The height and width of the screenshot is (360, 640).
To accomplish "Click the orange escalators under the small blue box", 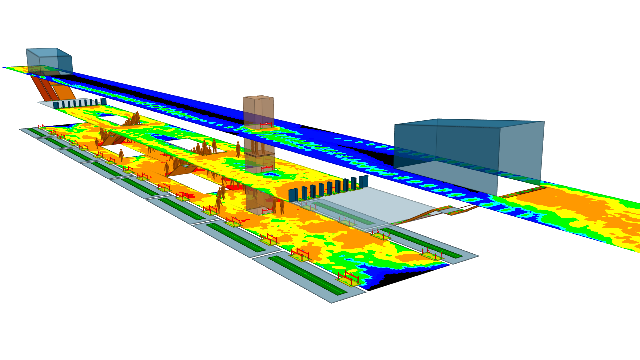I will pyautogui.click(x=52, y=88).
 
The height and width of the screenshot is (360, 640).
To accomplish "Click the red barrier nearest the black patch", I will pyautogui.click(x=348, y=277).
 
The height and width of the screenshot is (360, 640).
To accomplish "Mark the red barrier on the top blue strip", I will pyautogui.click(x=266, y=125).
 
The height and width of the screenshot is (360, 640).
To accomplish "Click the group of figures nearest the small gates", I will pyautogui.click(x=132, y=120).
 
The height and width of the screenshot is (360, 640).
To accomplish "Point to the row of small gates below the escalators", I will pyautogui.click(x=80, y=103).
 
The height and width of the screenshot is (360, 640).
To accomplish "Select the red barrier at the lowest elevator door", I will pyautogui.click(x=267, y=210).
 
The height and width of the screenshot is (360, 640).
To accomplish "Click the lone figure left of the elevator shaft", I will pyautogui.click(x=238, y=149).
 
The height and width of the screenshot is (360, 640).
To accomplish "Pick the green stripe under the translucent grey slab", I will pyautogui.click(x=345, y=212).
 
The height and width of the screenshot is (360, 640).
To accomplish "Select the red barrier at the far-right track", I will pyautogui.click(x=432, y=254).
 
